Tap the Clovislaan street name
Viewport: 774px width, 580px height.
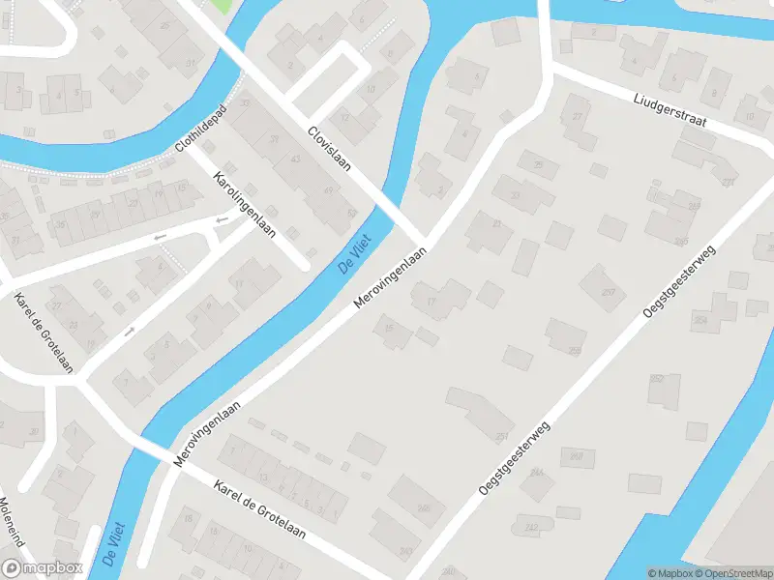tap(329, 150)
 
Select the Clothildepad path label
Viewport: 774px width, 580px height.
tap(200, 130)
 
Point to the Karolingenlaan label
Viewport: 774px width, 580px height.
tap(244, 204)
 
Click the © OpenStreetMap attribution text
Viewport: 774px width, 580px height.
tap(733, 573)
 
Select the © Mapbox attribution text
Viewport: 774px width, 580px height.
tap(669, 573)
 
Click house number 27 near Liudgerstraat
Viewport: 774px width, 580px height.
tap(579, 117)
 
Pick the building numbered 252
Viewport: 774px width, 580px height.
tap(657, 379)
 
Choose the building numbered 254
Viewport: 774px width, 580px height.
tap(700, 320)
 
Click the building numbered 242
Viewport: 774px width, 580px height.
tap(530, 528)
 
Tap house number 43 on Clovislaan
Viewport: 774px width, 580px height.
tap(293, 159)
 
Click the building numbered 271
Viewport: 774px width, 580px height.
tap(727, 181)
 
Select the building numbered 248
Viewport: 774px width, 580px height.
tap(577, 454)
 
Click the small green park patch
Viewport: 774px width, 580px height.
tap(221, 6)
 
